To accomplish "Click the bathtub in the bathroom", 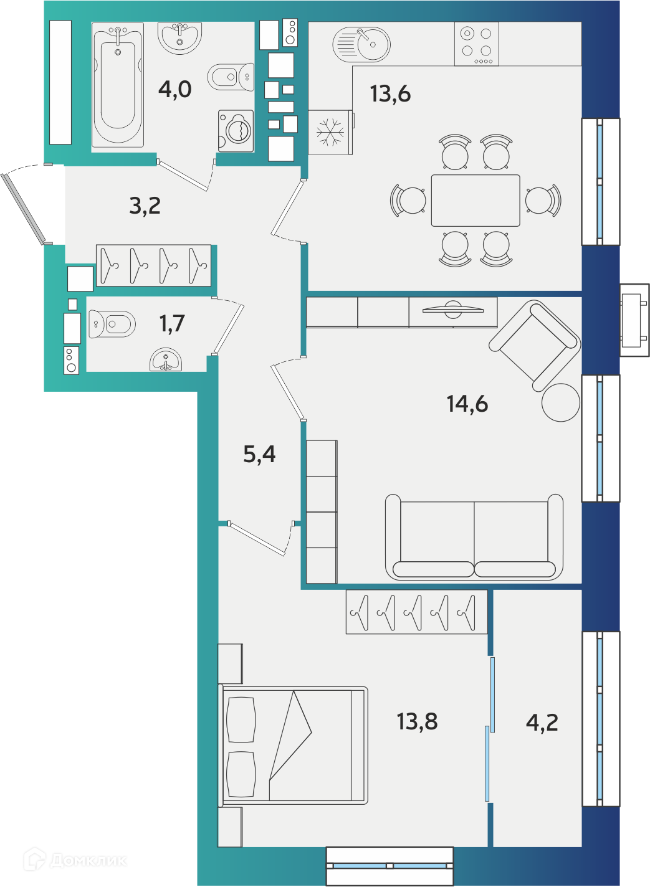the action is [x=118, y=84].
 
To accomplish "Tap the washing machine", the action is [x=236, y=131].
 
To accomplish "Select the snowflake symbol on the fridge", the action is [x=330, y=132].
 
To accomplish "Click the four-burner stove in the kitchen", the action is [x=477, y=44].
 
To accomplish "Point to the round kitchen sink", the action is [x=361, y=44].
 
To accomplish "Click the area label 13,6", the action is [x=390, y=94].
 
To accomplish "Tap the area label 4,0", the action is [x=174, y=89].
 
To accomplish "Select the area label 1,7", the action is [x=172, y=323].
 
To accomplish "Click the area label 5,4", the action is [x=259, y=454].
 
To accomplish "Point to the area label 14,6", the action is [x=467, y=404].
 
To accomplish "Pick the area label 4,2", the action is [x=542, y=723].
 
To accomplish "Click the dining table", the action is [x=476, y=201].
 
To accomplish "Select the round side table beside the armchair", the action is [x=561, y=402].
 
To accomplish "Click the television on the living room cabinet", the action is [x=452, y=310].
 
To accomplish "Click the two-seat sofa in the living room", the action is [x=474, y=537].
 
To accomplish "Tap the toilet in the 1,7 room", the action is [x=112, y=325].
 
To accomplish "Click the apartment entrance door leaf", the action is [x=24, y=209].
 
